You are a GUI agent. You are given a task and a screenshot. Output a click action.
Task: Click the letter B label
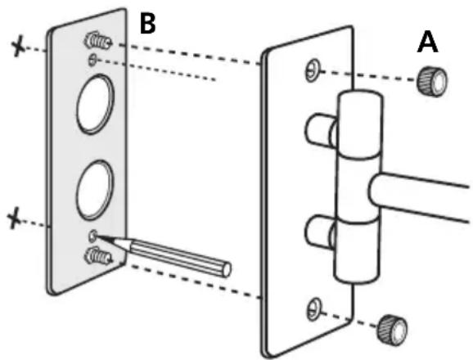tap(148, 24)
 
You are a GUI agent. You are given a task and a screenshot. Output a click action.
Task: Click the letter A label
tap(428, 43)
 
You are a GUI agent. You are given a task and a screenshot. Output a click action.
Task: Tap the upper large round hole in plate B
tap(95, 104)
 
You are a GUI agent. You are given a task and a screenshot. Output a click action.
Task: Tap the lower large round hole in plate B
tap(95, 190)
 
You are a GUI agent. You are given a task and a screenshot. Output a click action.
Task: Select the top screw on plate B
tap(97, 41)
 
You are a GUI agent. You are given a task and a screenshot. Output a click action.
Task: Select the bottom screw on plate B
tap(97, 255)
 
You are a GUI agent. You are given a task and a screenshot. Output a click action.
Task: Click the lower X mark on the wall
tap(14, 218)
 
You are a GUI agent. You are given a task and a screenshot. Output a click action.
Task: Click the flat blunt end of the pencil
tap(226, 270)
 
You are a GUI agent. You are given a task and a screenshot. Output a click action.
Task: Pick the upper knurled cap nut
tap(432, 81)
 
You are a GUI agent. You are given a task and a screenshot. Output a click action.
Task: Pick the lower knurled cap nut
tap(392, 331)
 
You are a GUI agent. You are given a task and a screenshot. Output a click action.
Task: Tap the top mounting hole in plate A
tap(313, 71)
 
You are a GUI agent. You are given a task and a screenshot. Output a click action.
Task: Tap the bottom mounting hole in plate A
tap(314, 309)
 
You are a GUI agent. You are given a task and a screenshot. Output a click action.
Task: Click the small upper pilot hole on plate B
tap(92, 60)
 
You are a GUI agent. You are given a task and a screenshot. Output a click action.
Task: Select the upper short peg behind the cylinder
tap(321, 129)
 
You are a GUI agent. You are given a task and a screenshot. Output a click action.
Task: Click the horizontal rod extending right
tap(419, 196)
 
